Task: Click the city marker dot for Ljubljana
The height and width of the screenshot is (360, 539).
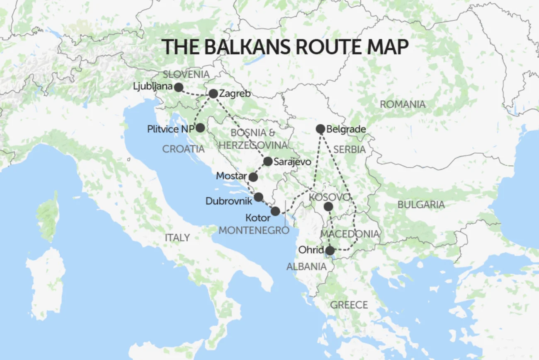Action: (179, 87)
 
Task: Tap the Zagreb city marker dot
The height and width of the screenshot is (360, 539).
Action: (213, 94)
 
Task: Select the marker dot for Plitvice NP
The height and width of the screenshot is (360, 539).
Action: (200, 128)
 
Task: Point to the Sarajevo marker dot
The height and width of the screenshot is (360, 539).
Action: (268, 162)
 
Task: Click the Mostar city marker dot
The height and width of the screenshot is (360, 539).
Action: (253, 177)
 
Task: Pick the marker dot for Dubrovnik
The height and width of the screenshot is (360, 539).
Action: (258, 197)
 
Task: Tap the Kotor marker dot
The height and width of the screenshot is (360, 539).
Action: (275, 212)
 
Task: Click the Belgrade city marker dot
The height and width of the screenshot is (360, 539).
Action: (320, 129)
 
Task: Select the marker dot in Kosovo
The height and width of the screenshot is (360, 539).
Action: (328, 207)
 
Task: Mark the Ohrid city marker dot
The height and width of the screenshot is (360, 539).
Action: (330, 251)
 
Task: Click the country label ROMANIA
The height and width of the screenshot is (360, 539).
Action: (403, 104)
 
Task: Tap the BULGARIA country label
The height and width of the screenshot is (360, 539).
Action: (421, 205)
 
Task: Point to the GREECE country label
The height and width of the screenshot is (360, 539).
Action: (349, 305)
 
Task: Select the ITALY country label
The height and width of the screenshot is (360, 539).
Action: (177, 238)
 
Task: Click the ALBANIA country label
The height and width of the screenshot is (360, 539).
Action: (306, 267)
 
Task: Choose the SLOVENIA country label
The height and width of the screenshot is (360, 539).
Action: (186, 75)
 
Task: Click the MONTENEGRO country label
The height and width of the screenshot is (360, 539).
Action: (253, 230)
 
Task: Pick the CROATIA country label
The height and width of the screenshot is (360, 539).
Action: (183, 149)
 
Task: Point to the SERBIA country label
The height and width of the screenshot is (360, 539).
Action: (349, 150)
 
